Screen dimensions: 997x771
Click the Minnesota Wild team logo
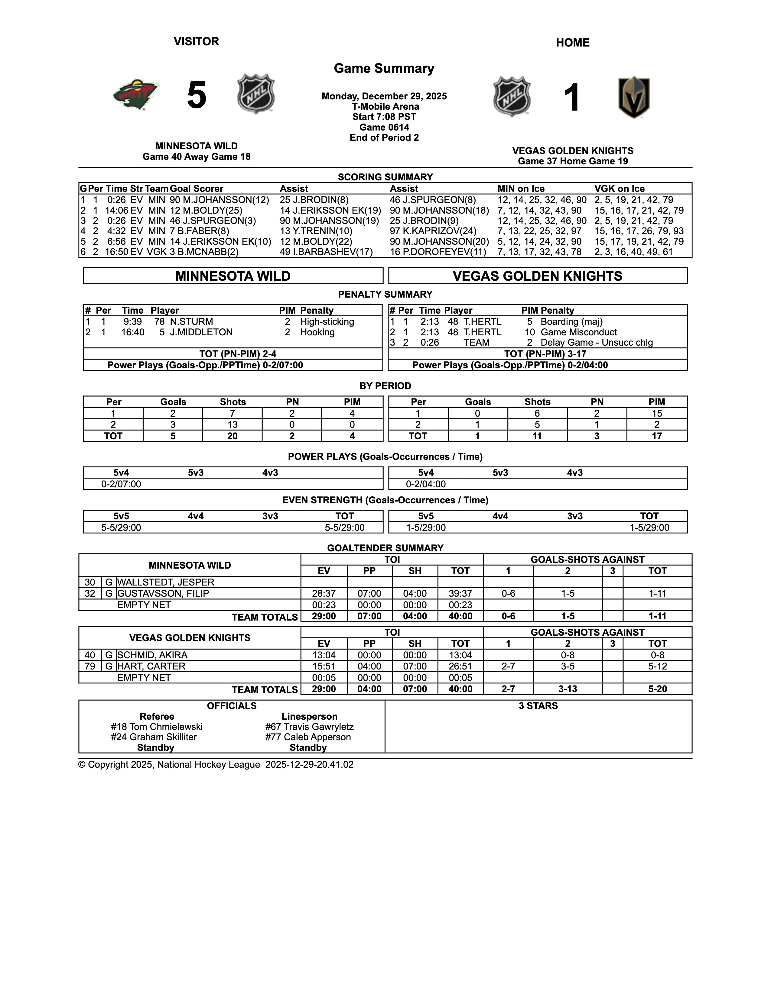click(136, 95)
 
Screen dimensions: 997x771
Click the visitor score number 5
click(197, 95)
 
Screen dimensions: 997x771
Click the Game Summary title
click(384, 69)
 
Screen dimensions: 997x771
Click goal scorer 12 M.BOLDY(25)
click(206, 211)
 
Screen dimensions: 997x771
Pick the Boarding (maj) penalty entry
click(571, 322)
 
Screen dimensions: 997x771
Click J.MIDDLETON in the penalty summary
click(201, 332)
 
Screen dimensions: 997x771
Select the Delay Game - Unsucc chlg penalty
click(597, 343)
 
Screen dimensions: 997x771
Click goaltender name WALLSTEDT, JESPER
click(165, 582)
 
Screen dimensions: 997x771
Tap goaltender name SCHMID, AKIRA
click(152, 655)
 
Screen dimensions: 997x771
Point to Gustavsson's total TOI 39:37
click(460, 593)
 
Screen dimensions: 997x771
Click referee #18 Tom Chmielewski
click(157, 727)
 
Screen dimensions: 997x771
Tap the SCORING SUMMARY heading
click(385, 177)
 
